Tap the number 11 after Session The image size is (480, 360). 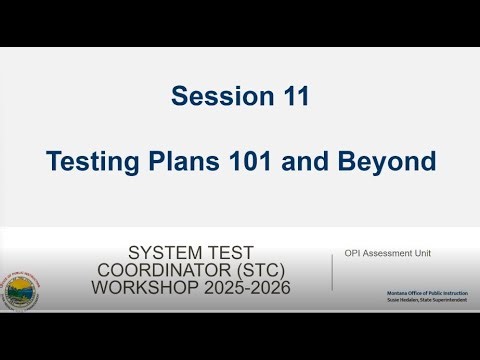[289, 97]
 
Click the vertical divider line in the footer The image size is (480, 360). [332, 271]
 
